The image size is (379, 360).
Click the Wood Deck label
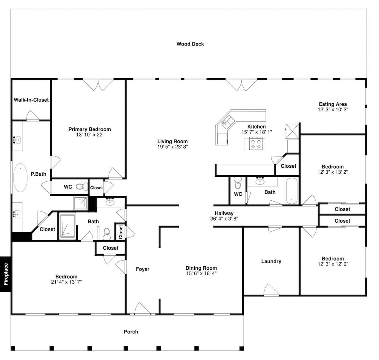pyautogui.click(x=190, y=44)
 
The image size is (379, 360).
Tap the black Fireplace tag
pyautogui.click(x=5, y=274)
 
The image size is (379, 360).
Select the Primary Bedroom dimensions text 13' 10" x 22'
pyautogui.click(x=90, y=135)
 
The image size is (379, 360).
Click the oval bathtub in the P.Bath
pyautogui.click(x=20, y=178)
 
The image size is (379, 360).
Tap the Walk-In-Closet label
pyautogui.click(x=31, y=100)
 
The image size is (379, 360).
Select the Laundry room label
pyautogui.click(x=271, y=261)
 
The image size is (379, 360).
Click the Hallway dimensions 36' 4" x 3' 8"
pyautogui.click(x=224, y=219)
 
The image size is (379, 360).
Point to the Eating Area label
pyautogui.click(x=333, y=104)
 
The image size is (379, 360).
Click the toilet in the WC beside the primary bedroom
pyautogui.click(x=82, y=187)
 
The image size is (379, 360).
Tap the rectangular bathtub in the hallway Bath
pyautogui.click(x=292, y=191)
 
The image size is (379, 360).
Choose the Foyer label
pyautogui.click(x=143, y=269)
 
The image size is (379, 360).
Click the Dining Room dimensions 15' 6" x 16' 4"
pyautogui.click(x=201, y=274)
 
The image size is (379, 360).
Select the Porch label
pyautogui.click(x=131, y=332)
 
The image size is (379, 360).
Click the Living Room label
pyautogui.click(x=172, y=141)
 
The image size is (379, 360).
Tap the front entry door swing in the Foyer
pyautogui.click(x=143, y=308)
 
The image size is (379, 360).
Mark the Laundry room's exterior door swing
pyautogui.click(x=271, y=289)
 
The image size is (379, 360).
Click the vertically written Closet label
pyautogui.click(x=121, y=232)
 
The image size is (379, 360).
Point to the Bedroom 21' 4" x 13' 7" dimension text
pyautogui.click(x=66, y=282)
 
